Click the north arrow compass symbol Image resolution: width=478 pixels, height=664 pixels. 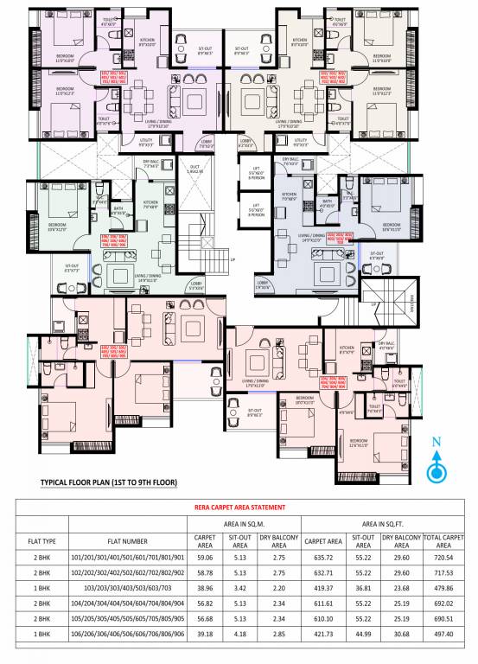[437, 469]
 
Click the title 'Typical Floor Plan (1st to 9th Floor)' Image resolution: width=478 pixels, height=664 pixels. [104, 485]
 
